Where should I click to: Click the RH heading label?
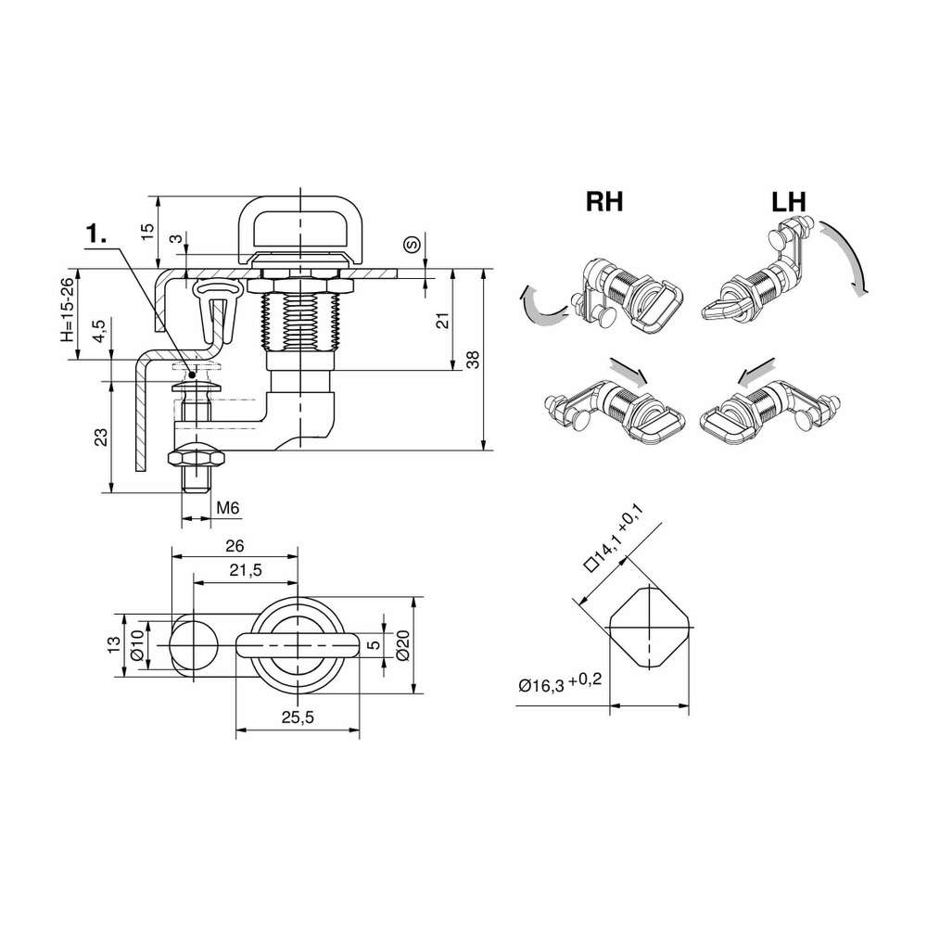pyautogui.click(x=604, y=202)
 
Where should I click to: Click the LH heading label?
pyautogui.click(x=787, y=202)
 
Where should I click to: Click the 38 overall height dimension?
pyautogui.click(x=473, y=361)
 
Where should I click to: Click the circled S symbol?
pyautogui.click(x=412, y=245)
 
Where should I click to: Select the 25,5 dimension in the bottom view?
pyautogui.click(x=297, y=717)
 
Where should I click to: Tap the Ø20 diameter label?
pyautogui.click(x=401, y=645)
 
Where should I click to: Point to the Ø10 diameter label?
pyautogui.click(x=136, y=645)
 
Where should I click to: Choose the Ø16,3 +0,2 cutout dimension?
pyautogui.click(x=560, y=683)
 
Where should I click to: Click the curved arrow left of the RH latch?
pyautogui.click(x=540, y=306)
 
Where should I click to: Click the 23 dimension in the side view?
pyautogui.click(x=101, y=435)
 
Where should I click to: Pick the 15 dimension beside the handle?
pyautogui.click(x=147, y=232)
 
